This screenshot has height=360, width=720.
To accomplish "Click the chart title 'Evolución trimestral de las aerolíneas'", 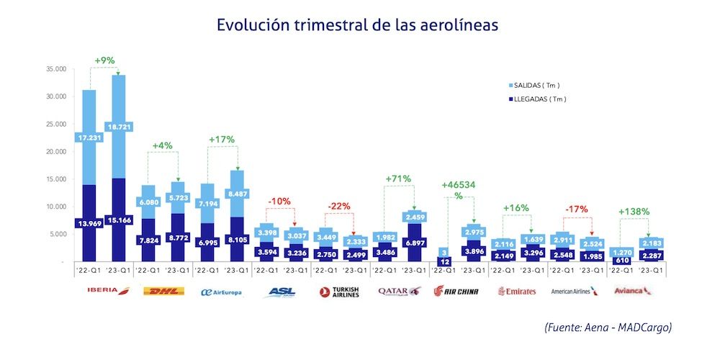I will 357,24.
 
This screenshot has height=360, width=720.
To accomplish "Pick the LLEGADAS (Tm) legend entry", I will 535,99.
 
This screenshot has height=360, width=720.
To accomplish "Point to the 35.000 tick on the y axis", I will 55,69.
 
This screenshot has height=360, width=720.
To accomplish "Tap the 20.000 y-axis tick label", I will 55,152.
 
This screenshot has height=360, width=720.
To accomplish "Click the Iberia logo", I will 104,292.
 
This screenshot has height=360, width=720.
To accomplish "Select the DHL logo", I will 163,292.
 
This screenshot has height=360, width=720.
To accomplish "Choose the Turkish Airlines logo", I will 339,292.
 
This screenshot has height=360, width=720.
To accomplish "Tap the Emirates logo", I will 517,292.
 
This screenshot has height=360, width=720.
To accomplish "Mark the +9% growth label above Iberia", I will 104,60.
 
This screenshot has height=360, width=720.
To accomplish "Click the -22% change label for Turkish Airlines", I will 338,206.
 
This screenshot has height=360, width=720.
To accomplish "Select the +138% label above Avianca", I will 634,212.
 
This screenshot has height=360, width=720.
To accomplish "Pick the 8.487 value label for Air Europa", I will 235,193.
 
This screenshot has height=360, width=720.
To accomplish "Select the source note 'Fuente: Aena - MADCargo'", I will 607,328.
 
